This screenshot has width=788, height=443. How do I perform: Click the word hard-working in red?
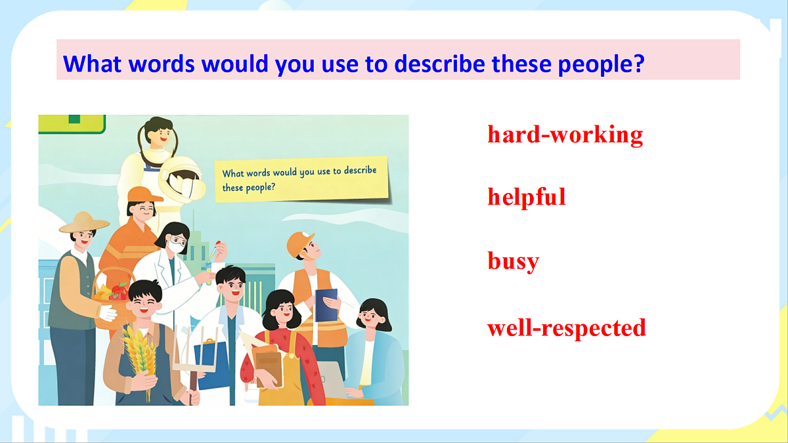tap(565, 135)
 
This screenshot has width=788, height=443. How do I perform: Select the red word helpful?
tap(527, 197)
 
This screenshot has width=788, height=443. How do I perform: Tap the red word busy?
tap(514, 261)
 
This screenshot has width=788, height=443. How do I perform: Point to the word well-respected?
tap(567, 327)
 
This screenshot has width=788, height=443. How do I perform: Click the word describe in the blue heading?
tap(439, 64)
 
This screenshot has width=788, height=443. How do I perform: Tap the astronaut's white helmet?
tap(182, 179)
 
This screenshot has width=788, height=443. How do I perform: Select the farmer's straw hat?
tap(84, 222)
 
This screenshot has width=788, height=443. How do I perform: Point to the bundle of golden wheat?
tap(140, 355)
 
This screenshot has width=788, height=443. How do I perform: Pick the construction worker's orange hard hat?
tap(299, 243)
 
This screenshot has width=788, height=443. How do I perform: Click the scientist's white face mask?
tap(176, 246)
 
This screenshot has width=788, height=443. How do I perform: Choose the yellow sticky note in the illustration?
tap(302, 180)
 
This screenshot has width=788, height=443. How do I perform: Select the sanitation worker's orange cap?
tap(144, 195)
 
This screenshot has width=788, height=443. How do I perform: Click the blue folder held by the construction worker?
tap(326, 305)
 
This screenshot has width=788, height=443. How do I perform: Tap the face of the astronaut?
tap(160, 135)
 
